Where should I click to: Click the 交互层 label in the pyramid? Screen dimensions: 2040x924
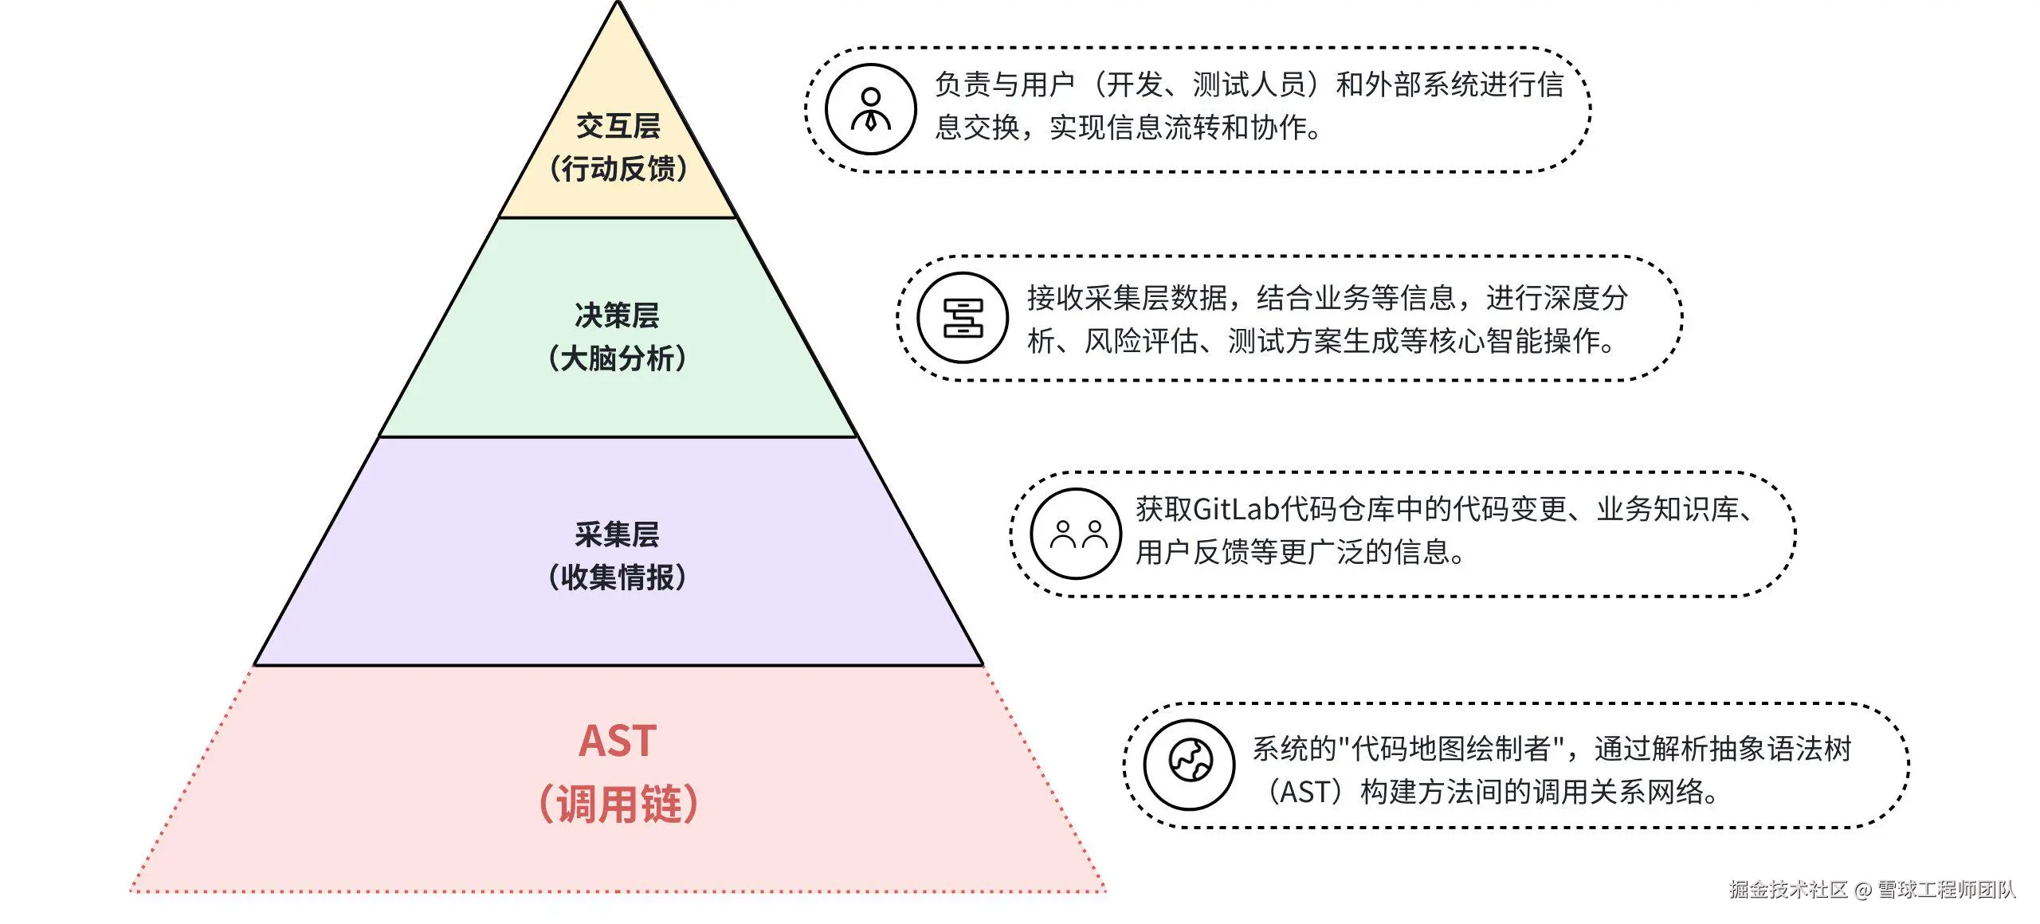point(618,126)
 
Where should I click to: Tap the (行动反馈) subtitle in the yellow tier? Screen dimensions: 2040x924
point(618,169)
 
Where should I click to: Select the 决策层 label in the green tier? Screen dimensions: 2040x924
point(618,315)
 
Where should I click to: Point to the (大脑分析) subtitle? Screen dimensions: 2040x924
point(618,358)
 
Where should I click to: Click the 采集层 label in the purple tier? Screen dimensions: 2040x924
point(618,534)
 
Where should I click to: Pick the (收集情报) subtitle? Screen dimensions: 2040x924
point(618,577)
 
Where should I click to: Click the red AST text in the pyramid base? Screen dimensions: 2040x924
point(618,741)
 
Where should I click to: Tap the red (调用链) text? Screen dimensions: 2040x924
point(618,803)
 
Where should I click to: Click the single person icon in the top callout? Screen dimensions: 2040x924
point(871,109)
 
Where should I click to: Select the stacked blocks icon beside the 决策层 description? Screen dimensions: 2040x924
point(963,318)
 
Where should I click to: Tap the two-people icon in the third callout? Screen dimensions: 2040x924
point(1077,534)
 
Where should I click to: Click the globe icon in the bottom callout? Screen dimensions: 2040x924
point(1190,765)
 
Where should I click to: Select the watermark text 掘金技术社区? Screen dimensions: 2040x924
point(1787,890)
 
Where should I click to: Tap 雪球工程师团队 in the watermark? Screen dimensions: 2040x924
point(1946,890)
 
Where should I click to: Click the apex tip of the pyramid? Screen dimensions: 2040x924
point(618,5)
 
